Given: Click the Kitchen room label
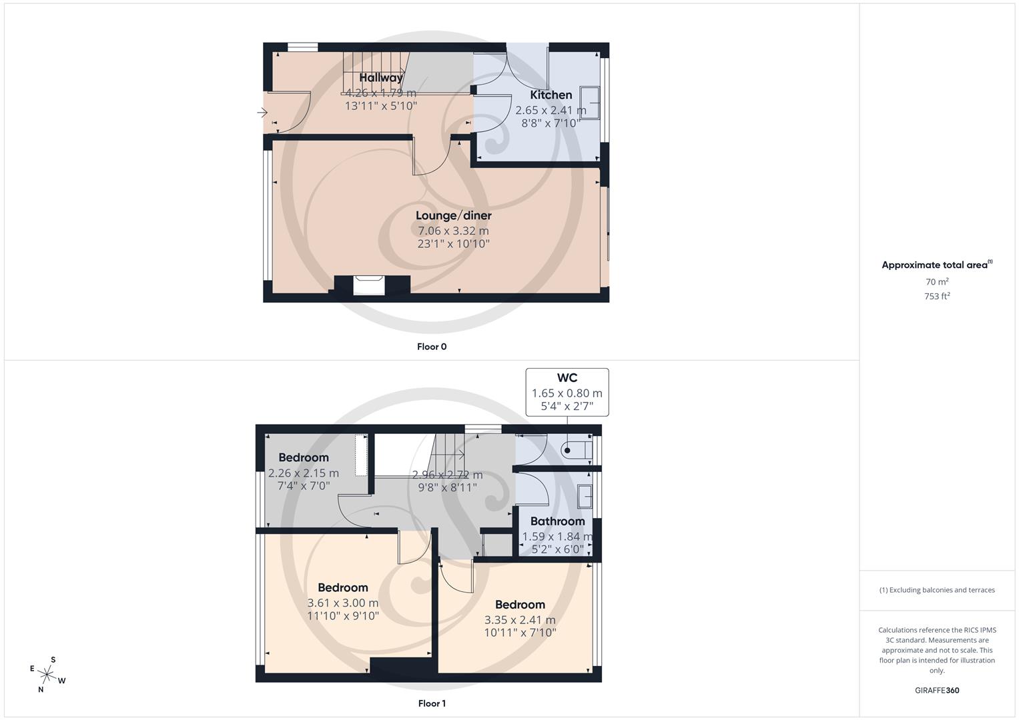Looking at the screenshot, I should point(551,95).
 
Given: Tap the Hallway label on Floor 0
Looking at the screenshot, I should point(381,78).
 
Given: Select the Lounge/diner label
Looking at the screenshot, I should point(453,215).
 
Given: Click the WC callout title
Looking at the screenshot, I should point(567,378).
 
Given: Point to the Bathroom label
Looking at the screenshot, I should point(557,521).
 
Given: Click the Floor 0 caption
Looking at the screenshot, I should point(432,347).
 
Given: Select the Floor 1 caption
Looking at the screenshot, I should point(432,703).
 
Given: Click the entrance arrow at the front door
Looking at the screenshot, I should point(262,113).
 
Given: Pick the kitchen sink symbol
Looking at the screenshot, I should point(590,103).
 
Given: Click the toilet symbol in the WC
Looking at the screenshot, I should point(576,449).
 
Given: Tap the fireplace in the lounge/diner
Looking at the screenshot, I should point(369,285).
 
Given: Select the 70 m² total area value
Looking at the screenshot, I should point(937,282).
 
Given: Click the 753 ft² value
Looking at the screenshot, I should point(937,297).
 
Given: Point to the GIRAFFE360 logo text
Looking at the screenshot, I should point(937,690).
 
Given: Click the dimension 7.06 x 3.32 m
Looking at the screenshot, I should point(453,231).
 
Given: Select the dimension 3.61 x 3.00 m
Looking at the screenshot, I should point(342,603).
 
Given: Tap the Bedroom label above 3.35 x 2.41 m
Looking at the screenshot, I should point(520,605).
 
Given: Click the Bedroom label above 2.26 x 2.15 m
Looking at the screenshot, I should point(304,457).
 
